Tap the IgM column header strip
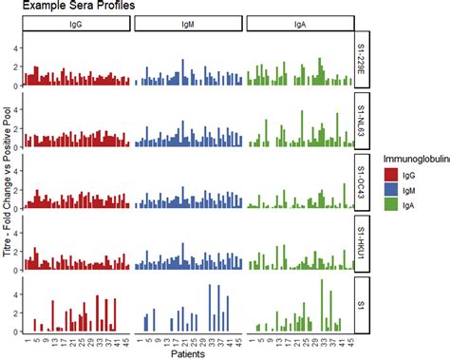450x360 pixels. pyautogui.click(x=188, y=24)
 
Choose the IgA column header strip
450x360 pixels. pyautogui.click(x=299, y=24)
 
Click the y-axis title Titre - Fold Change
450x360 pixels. pyautogui.click(x=7, y=180)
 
